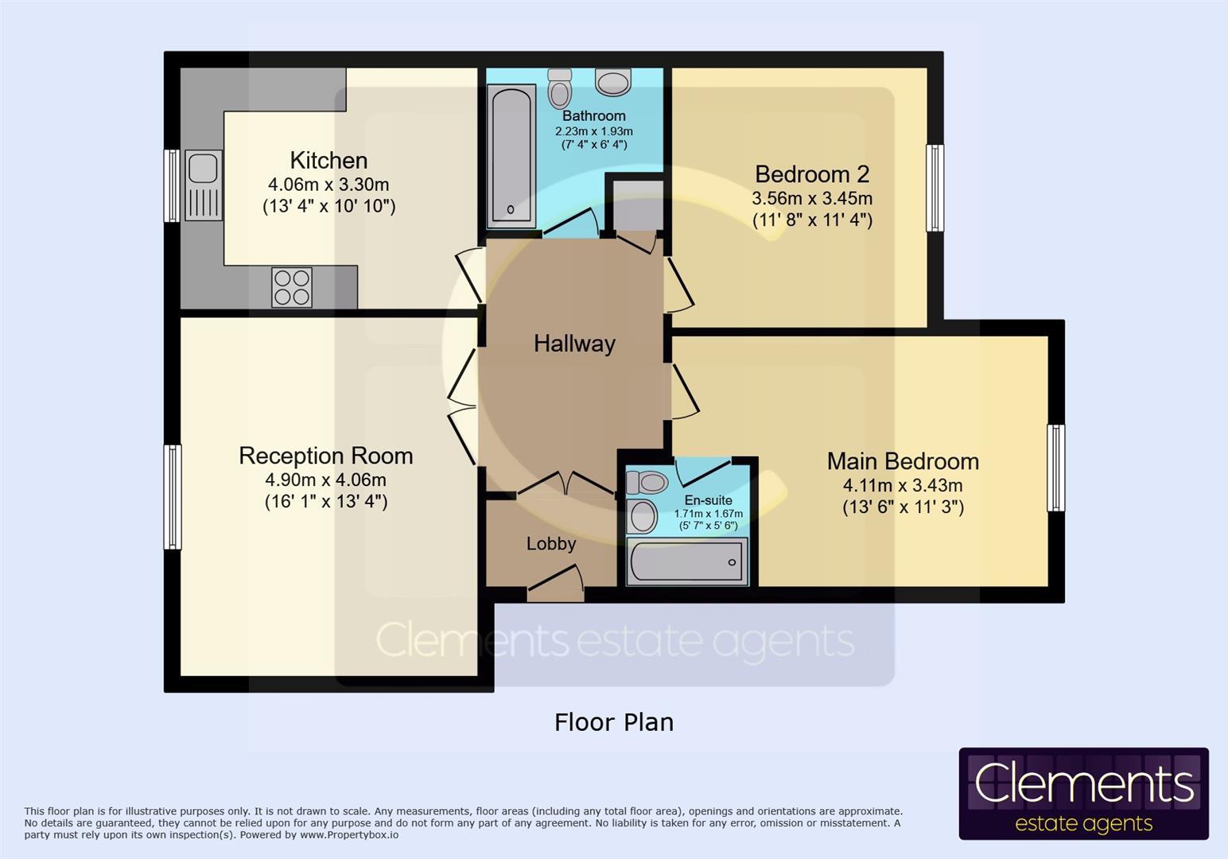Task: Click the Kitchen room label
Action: (x=328, y=161)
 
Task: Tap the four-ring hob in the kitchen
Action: (x=292, y=287)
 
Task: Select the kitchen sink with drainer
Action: (x=204, y=185)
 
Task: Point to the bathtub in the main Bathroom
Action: (x=511, y=156)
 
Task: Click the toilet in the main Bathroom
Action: (x=560, y=87)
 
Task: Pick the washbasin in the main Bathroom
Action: (x=613, y=82)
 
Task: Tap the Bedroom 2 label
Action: (x=812, y=174)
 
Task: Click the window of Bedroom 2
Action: (x=935, y=188)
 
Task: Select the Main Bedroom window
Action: (x=1056, y=468)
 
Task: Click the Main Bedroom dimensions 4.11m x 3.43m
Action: (x=903, y=485)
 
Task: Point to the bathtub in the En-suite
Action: (x=687, y=562)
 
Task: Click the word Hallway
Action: (x=574, y=344)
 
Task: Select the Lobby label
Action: (x=551, y=543)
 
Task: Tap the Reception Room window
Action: (x=172, y=496)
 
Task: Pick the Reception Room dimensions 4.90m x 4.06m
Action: (x=325, y=480)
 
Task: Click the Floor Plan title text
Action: (x=614, y=722)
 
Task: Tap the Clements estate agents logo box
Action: (x=1084, y=794)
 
